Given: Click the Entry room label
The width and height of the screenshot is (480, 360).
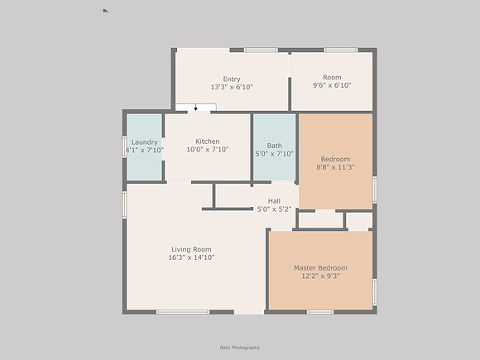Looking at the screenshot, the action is click(232, 79).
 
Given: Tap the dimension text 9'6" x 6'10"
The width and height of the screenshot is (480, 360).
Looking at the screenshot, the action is click(332, 85).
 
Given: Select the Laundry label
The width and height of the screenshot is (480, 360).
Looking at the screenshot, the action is click(145, 142).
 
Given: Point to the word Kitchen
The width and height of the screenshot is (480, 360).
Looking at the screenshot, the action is click(208, 142).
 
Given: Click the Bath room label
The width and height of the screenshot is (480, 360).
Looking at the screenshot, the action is click(274, 146).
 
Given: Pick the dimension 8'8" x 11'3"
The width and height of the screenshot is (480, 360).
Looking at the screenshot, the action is click(335, 167).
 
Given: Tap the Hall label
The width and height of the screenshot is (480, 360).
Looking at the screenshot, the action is click(274, 201).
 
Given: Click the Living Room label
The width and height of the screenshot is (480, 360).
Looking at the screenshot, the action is click(191, 249).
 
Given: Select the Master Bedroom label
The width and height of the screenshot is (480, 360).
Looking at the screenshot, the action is click(320, 268).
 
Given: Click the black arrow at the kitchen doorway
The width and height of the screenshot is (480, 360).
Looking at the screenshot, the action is click(196, 108).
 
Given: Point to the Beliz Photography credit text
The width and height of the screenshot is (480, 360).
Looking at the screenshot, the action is click(240, 348).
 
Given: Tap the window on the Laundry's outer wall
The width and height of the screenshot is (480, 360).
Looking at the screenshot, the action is click(124, 146).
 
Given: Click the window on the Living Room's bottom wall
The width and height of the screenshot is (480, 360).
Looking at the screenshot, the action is click(183, 312).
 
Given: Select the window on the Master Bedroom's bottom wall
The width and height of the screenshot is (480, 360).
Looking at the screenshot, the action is click(320, 312).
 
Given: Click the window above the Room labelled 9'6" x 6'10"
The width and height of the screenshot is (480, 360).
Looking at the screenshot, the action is click(341, 50).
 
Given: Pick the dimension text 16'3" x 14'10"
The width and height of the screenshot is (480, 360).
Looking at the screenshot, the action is click(191, 257).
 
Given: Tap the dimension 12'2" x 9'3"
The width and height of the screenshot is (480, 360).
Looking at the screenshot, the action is click(320, 276).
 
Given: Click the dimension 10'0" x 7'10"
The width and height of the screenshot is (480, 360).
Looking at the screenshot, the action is click(208, 150).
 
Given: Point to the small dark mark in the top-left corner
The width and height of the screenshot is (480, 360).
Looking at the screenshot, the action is click(105, 11).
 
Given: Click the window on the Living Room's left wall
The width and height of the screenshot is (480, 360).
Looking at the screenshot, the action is click(124, 205).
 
